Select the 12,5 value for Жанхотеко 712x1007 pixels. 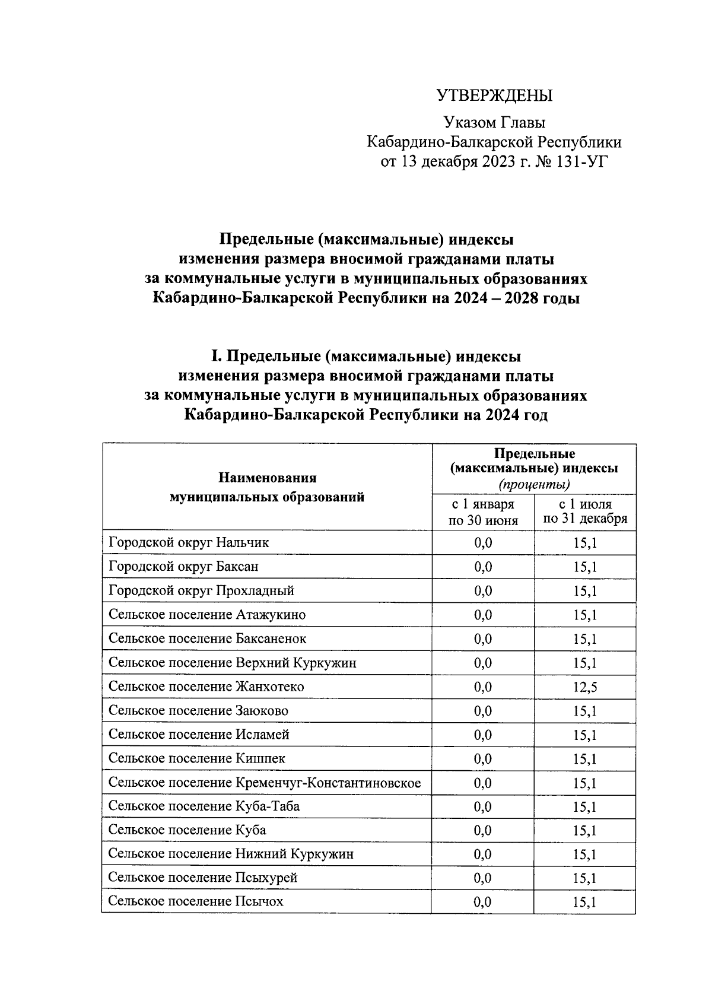pyautogui.click(x=584, y=687)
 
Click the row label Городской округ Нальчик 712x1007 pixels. pyautogui.click(x=189, y=542)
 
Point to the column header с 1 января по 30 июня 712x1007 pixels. pyautogui.click(x=483, y=512)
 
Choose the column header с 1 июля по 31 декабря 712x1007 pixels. pyautogui.click(x=584, y=512)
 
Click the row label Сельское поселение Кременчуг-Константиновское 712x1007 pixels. pyautogui.click(x=265, y=783)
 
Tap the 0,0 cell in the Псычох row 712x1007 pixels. pyautogui.click(x=482, y=902)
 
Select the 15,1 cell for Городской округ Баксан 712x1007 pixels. pyautogui.click(x=584, y=567)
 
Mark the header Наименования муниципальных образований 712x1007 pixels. pyautogui.click(x=267, y=487)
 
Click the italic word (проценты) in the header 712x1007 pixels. pyautogui.click(x=534, y=485)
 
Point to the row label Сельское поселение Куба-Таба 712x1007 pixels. pyautogui.click(x=204, y=806)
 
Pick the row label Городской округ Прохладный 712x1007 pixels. pyautogui.click(x=201, y=591)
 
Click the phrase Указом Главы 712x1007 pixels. pyautogui.click(x=494, y=123)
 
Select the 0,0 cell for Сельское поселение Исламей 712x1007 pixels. pyautogui.click(x=482, y=735)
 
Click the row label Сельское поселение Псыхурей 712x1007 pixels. pyautogui.click(x=202, y=878)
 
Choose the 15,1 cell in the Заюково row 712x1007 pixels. pyautogui.click(x=584, y=711)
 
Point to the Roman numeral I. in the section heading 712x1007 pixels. pyautogui.click(x=217, y=357)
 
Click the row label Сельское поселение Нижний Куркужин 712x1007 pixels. pyautogui.click(x=231, y=854)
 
